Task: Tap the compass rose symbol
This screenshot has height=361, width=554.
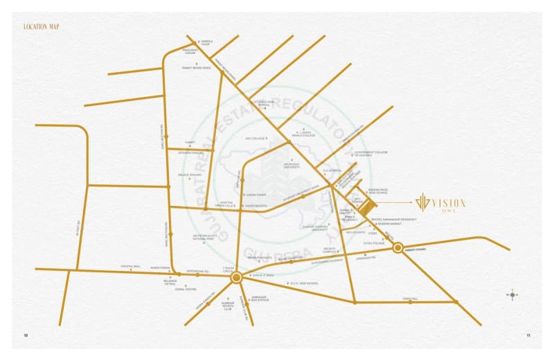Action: pos(512,294)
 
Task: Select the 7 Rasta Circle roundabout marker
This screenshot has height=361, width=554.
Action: pos(235,277)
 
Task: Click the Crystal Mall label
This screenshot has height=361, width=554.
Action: pos(131,266)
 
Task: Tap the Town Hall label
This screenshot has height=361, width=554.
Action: pos(410,299)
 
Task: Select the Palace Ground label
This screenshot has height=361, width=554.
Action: pos(190,175)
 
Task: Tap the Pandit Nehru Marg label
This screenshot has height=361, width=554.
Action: pos(196,68)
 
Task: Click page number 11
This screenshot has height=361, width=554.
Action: pos(528,336)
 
